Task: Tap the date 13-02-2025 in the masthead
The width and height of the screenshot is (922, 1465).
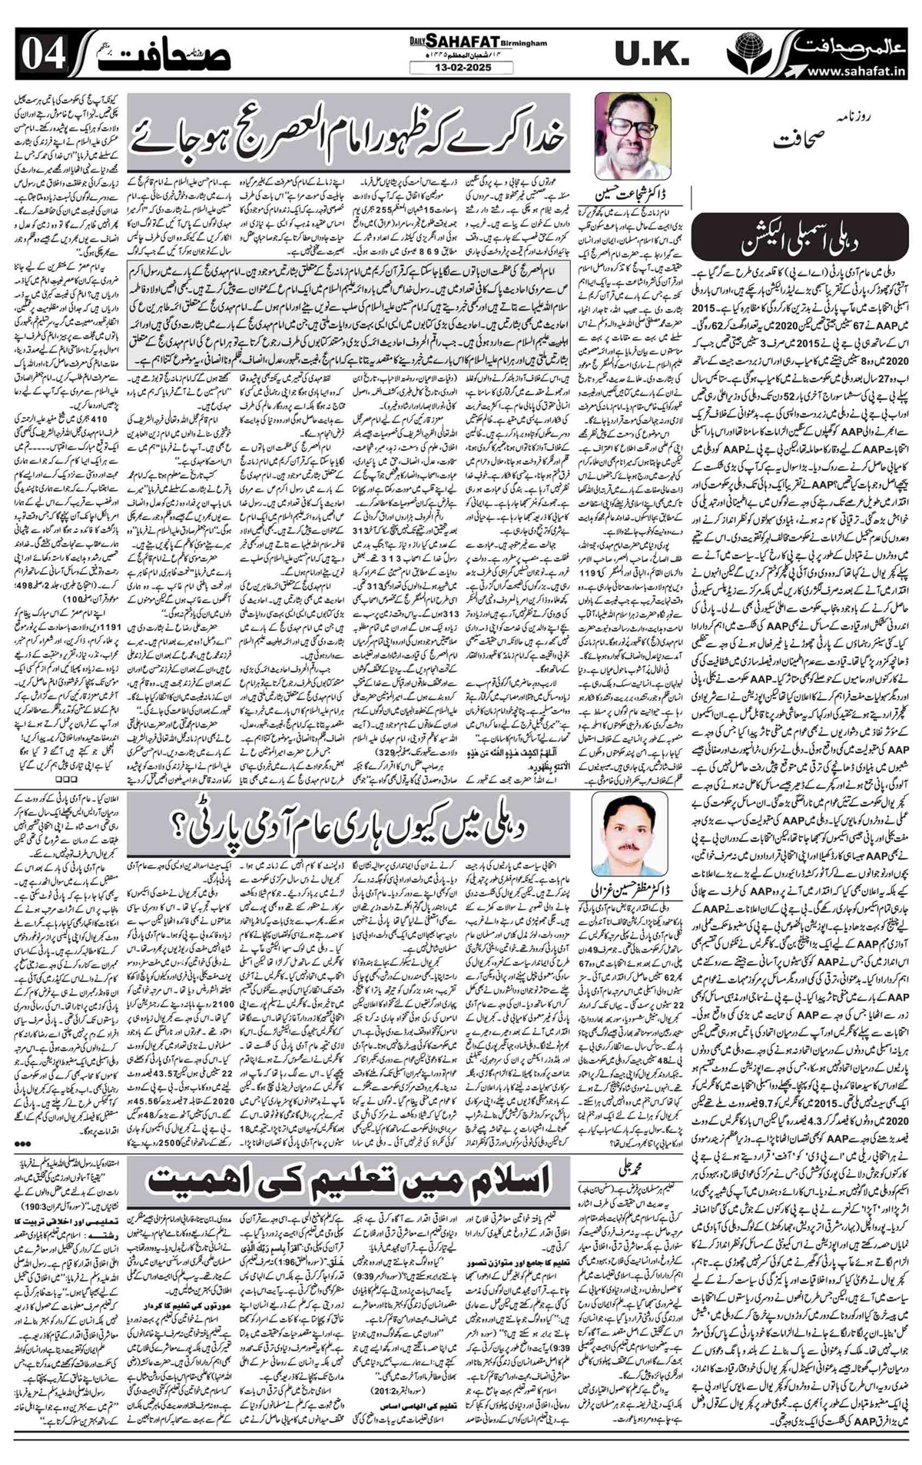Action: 458,68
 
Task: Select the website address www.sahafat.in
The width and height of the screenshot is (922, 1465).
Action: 854,71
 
